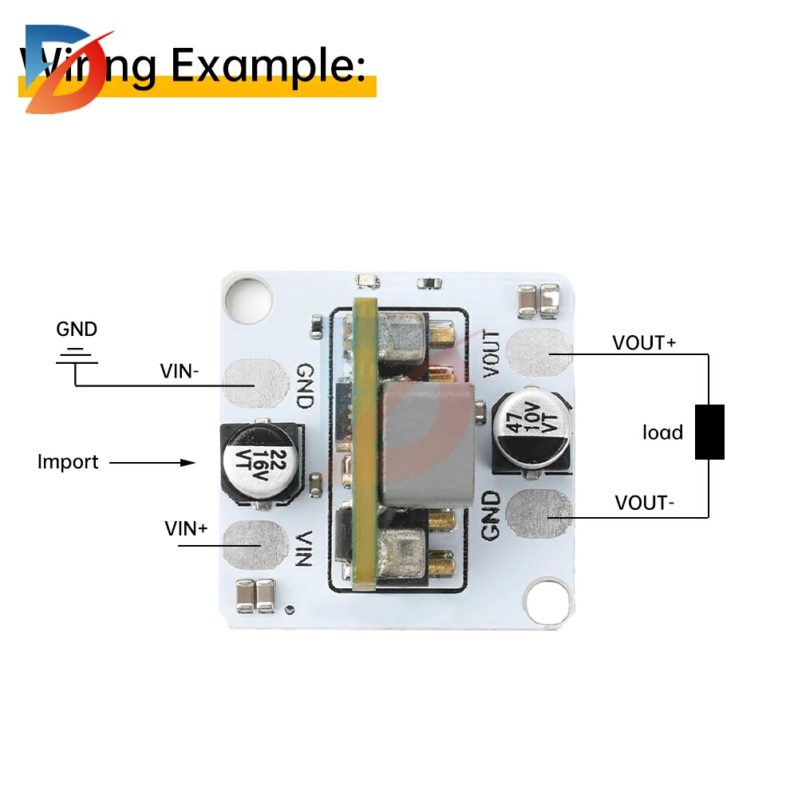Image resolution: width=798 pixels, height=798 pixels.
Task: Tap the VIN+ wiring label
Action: [x=186, y=527]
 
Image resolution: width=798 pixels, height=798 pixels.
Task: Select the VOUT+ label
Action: [x=644, y=342]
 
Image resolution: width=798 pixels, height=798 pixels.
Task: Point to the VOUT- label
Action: [x=645, y=503]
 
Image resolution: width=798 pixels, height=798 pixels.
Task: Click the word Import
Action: [x=68, y=462]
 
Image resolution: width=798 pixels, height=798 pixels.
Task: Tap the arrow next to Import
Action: [x=152, y=462]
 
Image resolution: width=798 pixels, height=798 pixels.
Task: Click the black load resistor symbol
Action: [x=709, y=432]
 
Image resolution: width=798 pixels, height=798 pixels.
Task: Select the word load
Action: [x=663, y=433]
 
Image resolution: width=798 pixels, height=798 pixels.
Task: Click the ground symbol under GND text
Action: [x=77, y=356]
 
